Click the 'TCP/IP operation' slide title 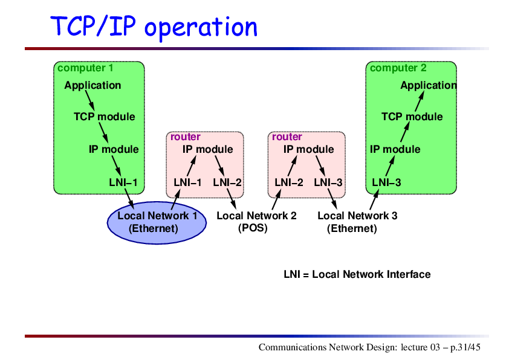pyautogui.click(x=154, y=27)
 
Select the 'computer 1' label pyautogui.click(x=85, y=68)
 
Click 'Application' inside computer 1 pyautogui.click(x=92, y=85)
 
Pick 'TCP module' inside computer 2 pyautogui.click(x=412, y=117)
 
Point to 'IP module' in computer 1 pyautogui.click(x=114, y=149)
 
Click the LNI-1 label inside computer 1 pyautogui.click(x=123, y=182)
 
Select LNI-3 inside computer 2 pyautogui.click(x=386, y=182)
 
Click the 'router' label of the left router pyautogui.click(x=186, y=137)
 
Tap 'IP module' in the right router pyautogui.click(x=308, y=149)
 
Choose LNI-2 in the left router pyautogui.click(x=227, y=182)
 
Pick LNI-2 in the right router pyautogui.click(x=288, y=182)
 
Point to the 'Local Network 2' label pyautogui.click(x=256, y=216)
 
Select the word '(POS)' pyautogui.click(x=253, y=228)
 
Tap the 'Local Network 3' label pyautogui.click(x=357, y=216)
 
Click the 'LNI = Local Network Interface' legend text pyautogui.click(x=357, y=274)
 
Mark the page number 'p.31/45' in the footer pyautogui.click(x=465, y=347)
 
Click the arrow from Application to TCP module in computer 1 pyautogui.click(x=90, y=100)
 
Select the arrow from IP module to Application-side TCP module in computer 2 pyautogui.click(x=405, y=132)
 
